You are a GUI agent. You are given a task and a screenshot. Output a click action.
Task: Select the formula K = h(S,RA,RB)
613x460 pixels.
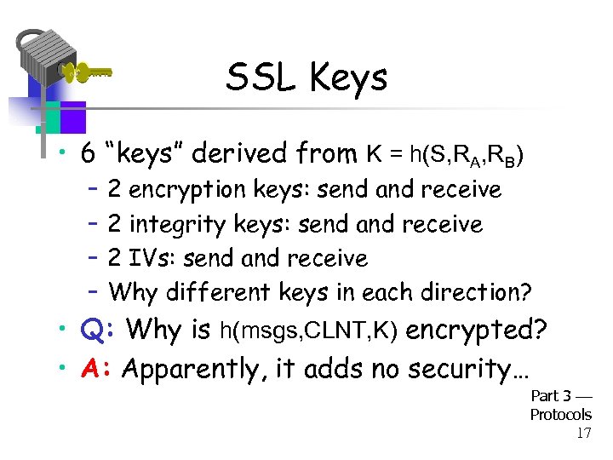(444, 155)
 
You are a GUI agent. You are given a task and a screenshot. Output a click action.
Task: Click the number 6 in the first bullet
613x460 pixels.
(87, 154)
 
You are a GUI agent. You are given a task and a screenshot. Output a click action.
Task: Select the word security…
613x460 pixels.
(469, 369)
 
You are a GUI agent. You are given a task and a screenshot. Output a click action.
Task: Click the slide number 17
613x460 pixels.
(584, 433)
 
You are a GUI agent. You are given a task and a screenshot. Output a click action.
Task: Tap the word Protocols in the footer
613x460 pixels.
(560, 415)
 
